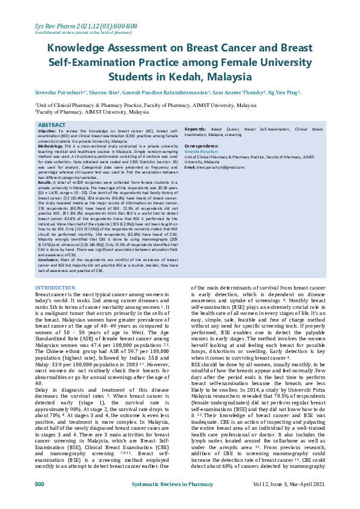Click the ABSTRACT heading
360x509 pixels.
click(x=53, y=125)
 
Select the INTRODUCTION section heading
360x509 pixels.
click(x=55, y=287)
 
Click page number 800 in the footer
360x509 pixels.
click(x=40, y=501)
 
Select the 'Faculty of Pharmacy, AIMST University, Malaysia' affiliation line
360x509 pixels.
click(x=91, y=112)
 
